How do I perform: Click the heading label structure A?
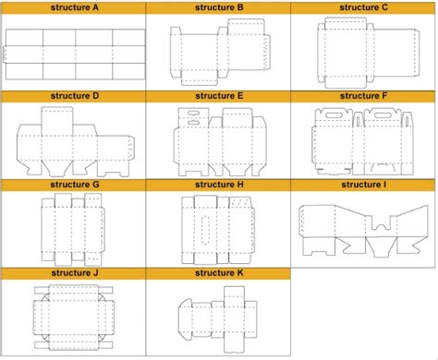[74, 7]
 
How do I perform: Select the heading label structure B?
[219, 7]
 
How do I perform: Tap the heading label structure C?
[364, 7]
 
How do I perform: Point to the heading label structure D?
[74, 95]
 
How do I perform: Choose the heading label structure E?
[219, 95]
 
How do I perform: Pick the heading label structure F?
[364, 95]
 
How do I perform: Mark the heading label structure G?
[74, 185]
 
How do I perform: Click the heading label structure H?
[219, 185]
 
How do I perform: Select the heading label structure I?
[364, 185]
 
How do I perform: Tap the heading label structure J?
[74, 273]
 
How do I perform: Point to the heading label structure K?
[219, 273]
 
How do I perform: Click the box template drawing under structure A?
[74, 54]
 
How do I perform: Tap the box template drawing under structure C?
[364, 52]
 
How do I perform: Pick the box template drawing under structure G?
[74, 229]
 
